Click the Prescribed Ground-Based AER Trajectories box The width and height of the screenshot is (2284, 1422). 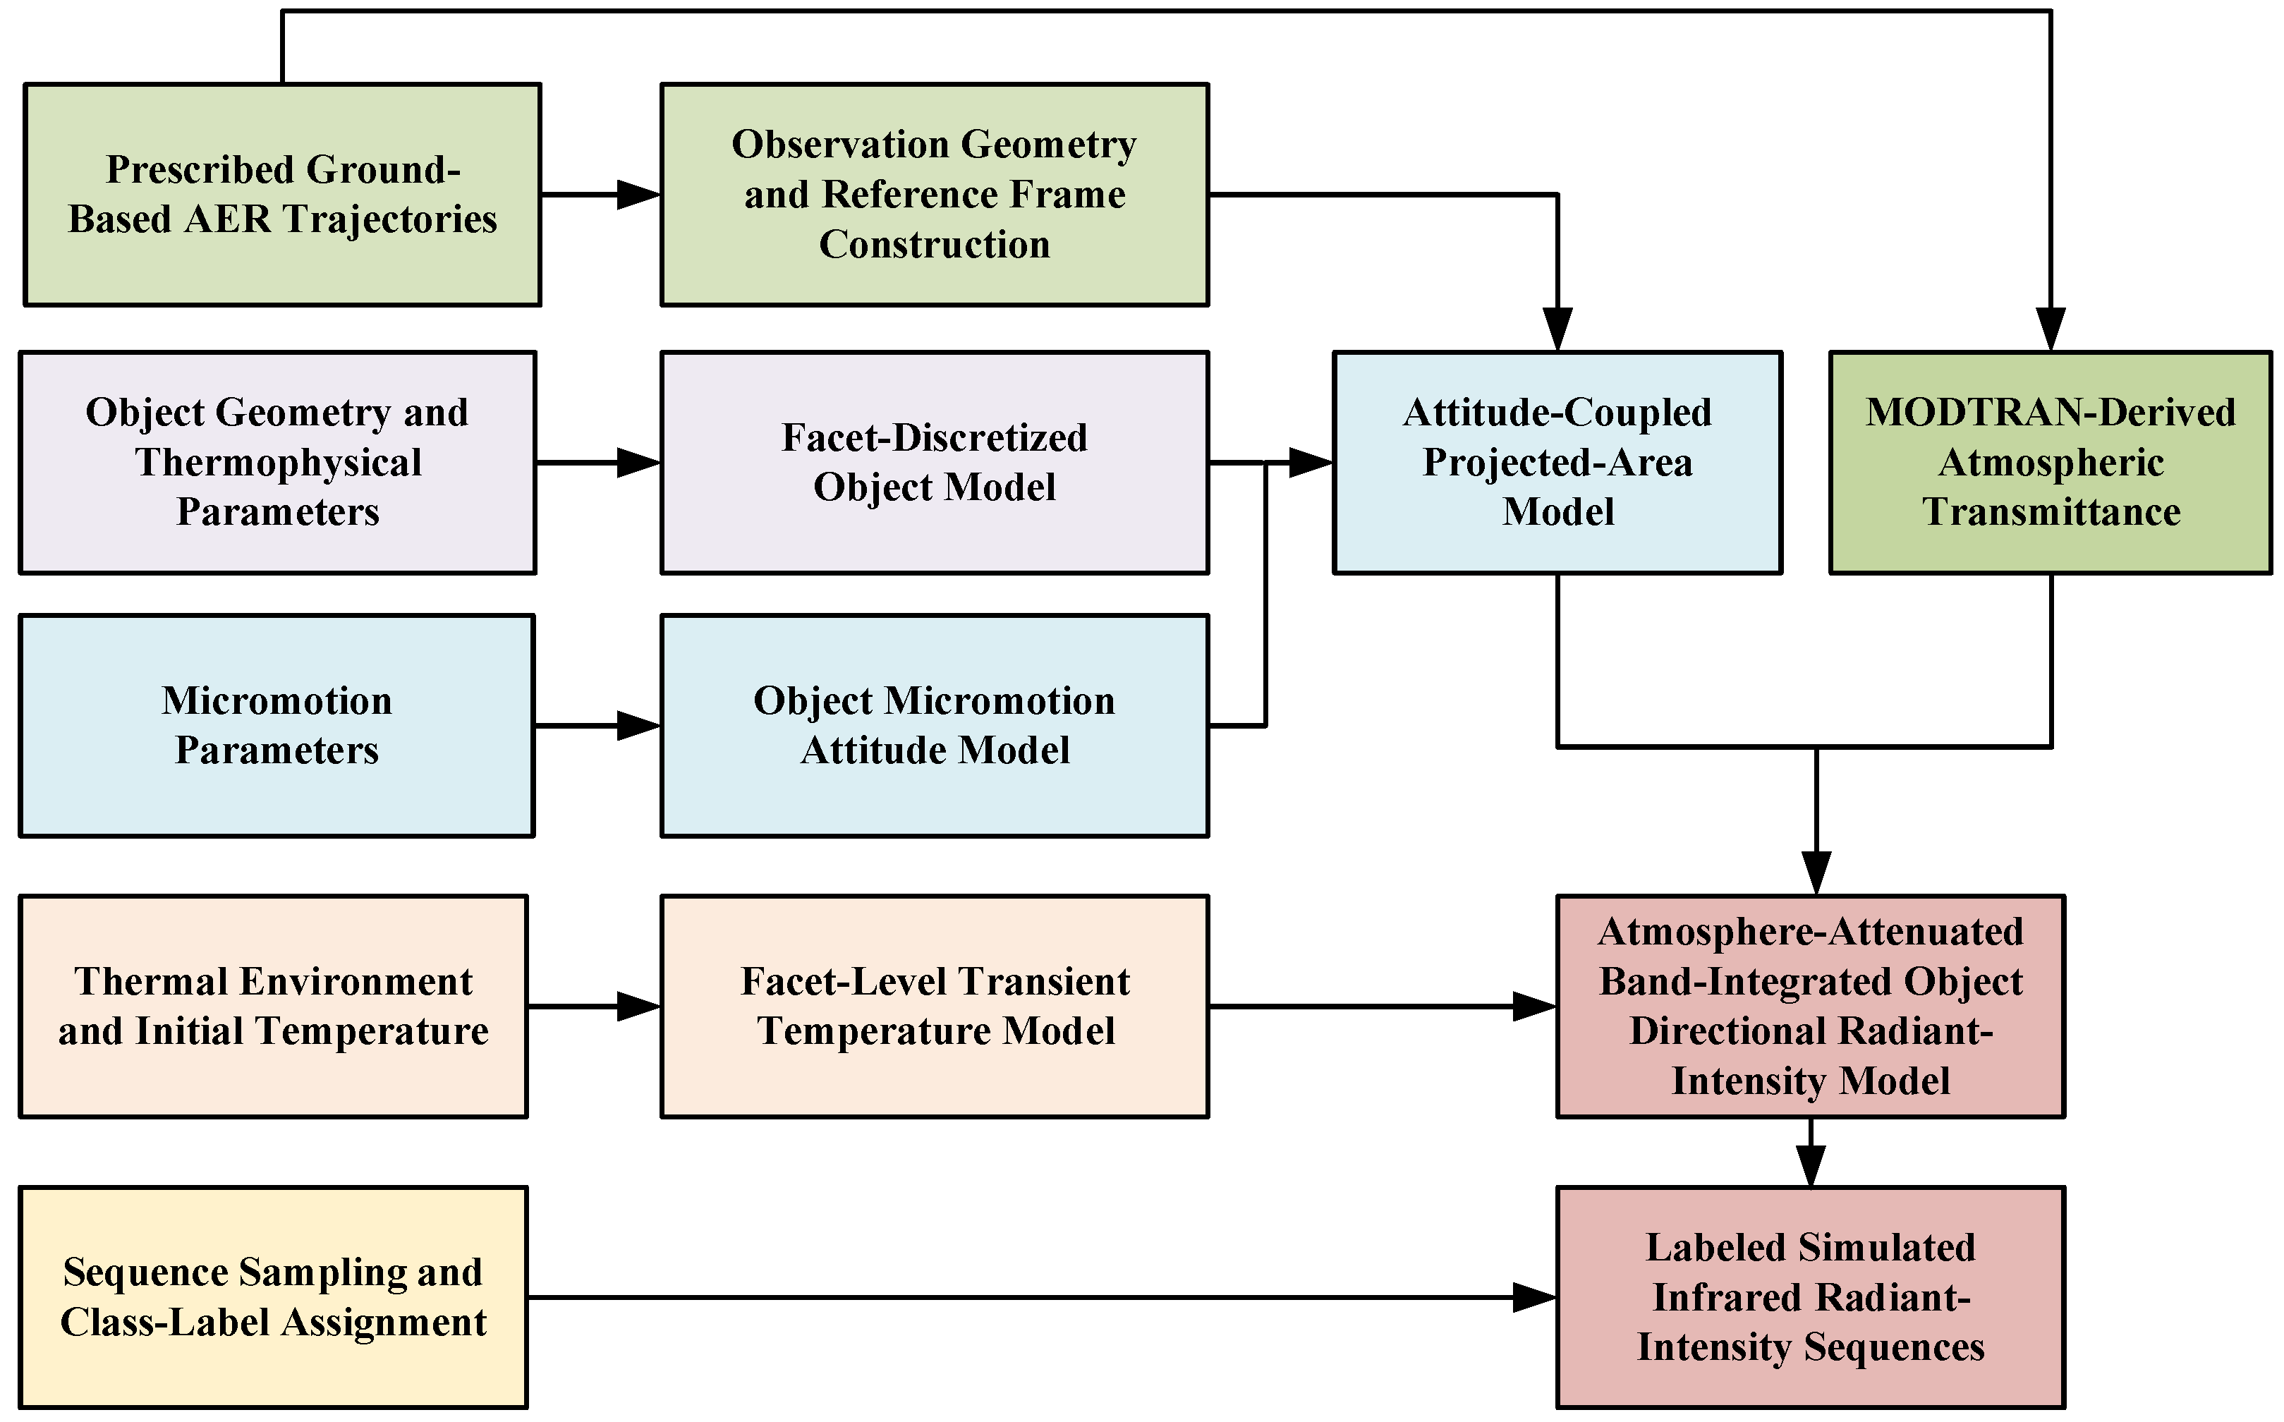coord(282,195)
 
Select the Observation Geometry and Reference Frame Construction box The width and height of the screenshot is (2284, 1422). coord(935,195)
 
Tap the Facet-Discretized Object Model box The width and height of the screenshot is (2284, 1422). coord(935,463)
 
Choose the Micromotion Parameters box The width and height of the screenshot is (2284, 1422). coord(277,726)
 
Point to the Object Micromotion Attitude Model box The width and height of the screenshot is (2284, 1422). coord(935,726)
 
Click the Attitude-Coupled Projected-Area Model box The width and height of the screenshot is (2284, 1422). coord(1557,463)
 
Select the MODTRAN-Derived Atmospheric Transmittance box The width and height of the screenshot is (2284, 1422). coord(2050,463)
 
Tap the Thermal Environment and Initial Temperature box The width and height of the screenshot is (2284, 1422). coord(273,1007)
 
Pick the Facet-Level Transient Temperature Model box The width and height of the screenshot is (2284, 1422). coord(935,1007)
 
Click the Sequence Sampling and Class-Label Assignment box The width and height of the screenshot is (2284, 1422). coord(273,1298)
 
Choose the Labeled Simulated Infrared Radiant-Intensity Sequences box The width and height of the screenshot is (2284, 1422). coord(1810,1298)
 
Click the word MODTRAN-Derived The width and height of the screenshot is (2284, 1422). coord(2050,413)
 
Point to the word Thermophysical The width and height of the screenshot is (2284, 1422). coord(279,463)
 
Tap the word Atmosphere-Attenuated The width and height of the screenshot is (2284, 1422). coord(1810,932)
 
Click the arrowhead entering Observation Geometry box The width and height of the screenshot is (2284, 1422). coord(639,195)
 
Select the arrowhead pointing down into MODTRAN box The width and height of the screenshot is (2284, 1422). coord(2050,329)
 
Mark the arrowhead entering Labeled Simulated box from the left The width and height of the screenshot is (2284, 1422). coord(1535,1298)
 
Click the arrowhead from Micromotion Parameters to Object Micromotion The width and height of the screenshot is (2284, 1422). coord(639,726)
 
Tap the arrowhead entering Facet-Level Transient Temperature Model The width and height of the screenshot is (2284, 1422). coord(639,1007)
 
